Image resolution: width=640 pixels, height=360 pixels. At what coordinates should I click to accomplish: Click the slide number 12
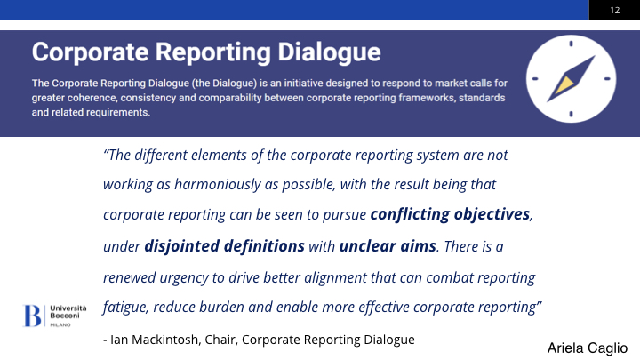[x=615, y=10]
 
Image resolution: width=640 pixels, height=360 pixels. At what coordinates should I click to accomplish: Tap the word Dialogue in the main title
[x=329, y=53]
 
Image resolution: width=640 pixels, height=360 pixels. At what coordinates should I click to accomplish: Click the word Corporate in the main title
[x=90, y=53]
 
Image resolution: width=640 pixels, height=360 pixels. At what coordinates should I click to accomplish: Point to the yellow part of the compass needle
[x=564, y=84]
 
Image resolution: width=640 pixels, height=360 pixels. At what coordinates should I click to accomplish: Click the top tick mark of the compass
[x=571, y=44]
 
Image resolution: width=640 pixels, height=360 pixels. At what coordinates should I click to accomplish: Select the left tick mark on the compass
[x=535, y=79]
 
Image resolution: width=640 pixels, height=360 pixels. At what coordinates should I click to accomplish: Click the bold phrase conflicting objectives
[x=450, y=214]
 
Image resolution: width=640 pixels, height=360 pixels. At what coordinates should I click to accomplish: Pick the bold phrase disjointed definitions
[x=225, y=246]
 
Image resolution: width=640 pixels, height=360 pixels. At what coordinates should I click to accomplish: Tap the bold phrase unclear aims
[x=388, y=246]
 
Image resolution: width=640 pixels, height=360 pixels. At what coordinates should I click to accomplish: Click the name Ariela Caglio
[x=588, y=348]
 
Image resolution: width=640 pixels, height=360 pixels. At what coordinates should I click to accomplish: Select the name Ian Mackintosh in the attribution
[x=155, y=340]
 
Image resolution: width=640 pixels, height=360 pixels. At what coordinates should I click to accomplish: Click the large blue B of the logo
[x=32, y=316]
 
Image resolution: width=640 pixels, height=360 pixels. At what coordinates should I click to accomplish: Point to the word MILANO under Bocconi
[x=60, y=325]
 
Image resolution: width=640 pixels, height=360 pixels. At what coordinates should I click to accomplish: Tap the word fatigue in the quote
[x=125, y=308]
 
